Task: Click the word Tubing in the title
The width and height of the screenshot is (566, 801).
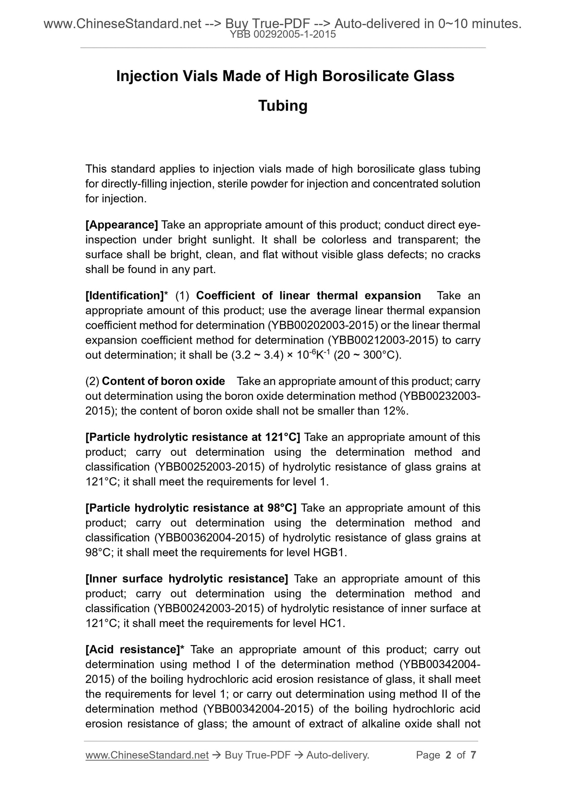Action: pyautogui.click(x=283, y=106)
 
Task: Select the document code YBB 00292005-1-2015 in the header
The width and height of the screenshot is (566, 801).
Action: pyautogui.click(x=283, y=34)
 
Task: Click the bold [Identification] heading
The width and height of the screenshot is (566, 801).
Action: pyautogui.click(x=124, y=295)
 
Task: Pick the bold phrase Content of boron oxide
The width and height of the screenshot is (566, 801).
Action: pyautogui.click(x=163, y=381)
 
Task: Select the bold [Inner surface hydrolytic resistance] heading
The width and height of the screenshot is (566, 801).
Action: pyautogui.click(x=187, y=579)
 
